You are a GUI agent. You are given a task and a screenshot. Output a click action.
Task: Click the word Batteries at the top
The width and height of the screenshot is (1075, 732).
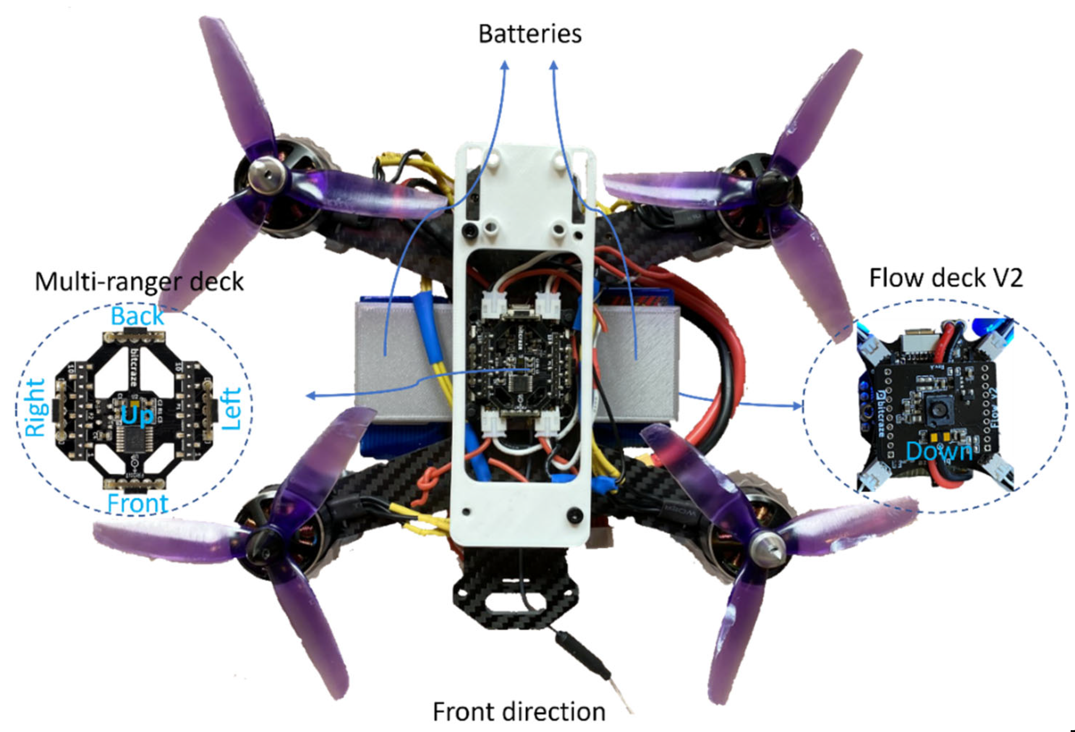coord(530,35)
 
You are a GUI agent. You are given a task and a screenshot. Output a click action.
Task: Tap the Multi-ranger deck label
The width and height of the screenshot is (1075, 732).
coord(139,282)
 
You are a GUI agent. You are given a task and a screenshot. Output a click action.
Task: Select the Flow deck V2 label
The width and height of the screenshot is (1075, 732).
coord(946,278)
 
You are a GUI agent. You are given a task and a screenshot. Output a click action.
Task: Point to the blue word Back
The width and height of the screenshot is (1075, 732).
coord(137,316)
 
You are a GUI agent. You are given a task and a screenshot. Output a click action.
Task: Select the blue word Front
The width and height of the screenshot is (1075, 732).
coord(137,503)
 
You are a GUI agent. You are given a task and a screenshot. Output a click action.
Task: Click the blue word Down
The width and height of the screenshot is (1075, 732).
coord(939,451)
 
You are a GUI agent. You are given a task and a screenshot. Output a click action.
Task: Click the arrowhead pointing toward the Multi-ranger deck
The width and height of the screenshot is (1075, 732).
coord(312,396)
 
